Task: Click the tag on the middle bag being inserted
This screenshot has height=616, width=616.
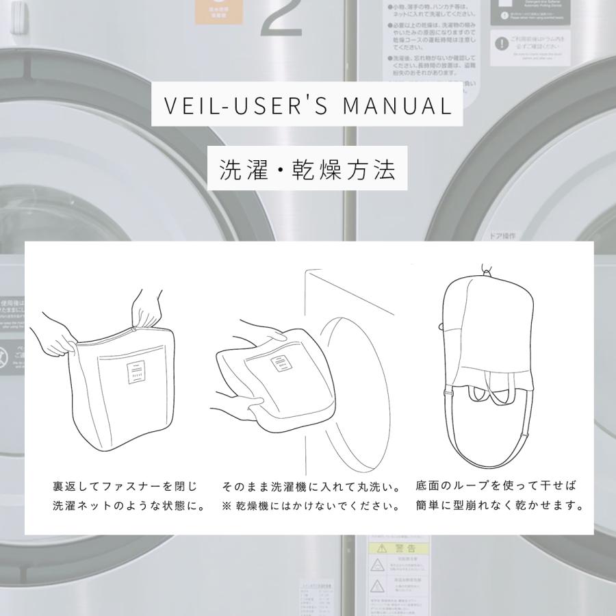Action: point(280,364)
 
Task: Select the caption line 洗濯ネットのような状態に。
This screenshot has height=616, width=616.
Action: point(129,507)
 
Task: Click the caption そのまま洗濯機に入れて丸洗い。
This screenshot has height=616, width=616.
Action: point(309,487)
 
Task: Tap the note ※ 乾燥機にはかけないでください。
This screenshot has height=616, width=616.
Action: point(311,507)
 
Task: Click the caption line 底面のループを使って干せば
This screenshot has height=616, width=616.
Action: point(496,486)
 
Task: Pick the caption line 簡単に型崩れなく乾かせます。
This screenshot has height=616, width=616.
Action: point(500,507)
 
